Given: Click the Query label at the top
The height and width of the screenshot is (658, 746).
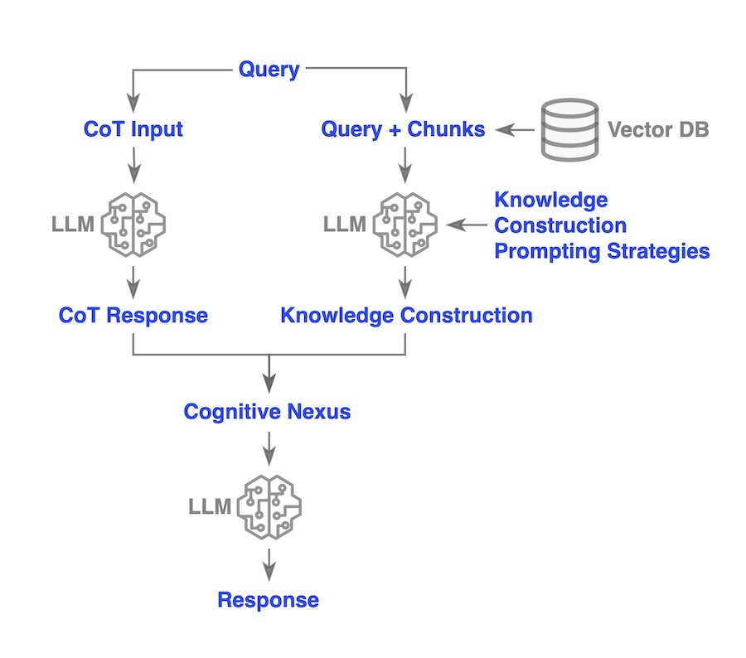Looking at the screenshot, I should point(269,70).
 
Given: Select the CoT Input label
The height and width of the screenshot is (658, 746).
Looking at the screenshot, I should point(133,129).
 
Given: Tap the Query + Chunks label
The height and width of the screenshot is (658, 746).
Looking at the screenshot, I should point(404,129).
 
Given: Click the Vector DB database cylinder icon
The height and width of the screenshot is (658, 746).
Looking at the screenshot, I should point(569,129).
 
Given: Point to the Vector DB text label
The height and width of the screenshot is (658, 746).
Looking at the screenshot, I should point(658,130).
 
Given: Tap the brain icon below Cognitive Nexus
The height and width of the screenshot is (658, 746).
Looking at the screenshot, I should point(269,506).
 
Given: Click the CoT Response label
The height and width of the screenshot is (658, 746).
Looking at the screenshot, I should point(133,316).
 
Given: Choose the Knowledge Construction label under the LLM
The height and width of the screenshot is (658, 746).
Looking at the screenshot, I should point(406,316).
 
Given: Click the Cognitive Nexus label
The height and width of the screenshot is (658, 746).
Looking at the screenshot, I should point(267,412).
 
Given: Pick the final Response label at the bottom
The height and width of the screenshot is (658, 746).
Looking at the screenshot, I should point(269,600).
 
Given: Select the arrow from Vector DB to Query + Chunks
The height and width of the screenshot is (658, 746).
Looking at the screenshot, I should point(512,129).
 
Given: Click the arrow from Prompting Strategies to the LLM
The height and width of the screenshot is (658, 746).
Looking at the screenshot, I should point(467,224).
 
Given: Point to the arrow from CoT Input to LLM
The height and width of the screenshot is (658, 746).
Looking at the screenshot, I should point(133,167).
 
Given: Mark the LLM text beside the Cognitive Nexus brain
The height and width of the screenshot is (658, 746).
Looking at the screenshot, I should point(210,506).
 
